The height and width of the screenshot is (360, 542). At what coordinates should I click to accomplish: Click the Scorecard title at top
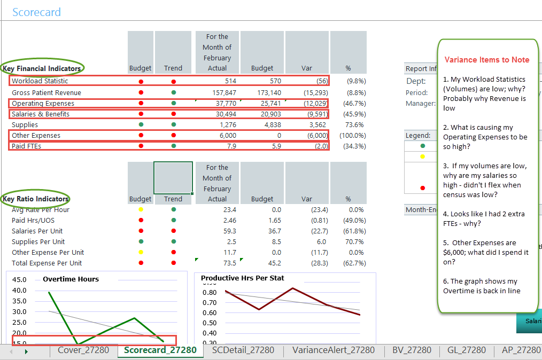(x=36, y=12)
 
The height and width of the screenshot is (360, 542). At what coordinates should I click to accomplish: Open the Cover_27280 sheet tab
(x=83, y=350)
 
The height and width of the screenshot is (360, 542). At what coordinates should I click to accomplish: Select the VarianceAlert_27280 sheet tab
(x=334, y=350)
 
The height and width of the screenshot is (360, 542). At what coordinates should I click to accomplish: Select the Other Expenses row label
(x=36, y=135)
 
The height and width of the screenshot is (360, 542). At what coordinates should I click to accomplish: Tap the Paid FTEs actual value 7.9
(x=231, y=146)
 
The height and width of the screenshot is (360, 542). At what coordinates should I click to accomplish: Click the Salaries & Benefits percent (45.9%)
(x=352, y=114)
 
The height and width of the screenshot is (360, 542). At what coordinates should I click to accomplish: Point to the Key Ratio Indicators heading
(x=36, y=199)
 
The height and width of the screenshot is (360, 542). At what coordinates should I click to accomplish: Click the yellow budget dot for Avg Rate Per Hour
(x=141, y=209)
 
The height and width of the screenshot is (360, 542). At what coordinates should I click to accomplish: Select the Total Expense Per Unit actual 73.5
(x=229, y=263)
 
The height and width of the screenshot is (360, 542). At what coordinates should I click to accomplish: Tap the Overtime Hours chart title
(x=71, y=279)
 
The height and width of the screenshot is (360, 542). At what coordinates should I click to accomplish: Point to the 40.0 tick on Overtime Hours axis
(x=19, y=290)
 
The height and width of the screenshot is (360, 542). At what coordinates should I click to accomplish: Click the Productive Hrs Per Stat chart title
(x=242, y=278)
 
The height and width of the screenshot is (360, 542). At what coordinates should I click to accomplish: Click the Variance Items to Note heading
(x=487, y=60)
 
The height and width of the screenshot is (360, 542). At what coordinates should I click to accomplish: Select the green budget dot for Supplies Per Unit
(x=141, y=241)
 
